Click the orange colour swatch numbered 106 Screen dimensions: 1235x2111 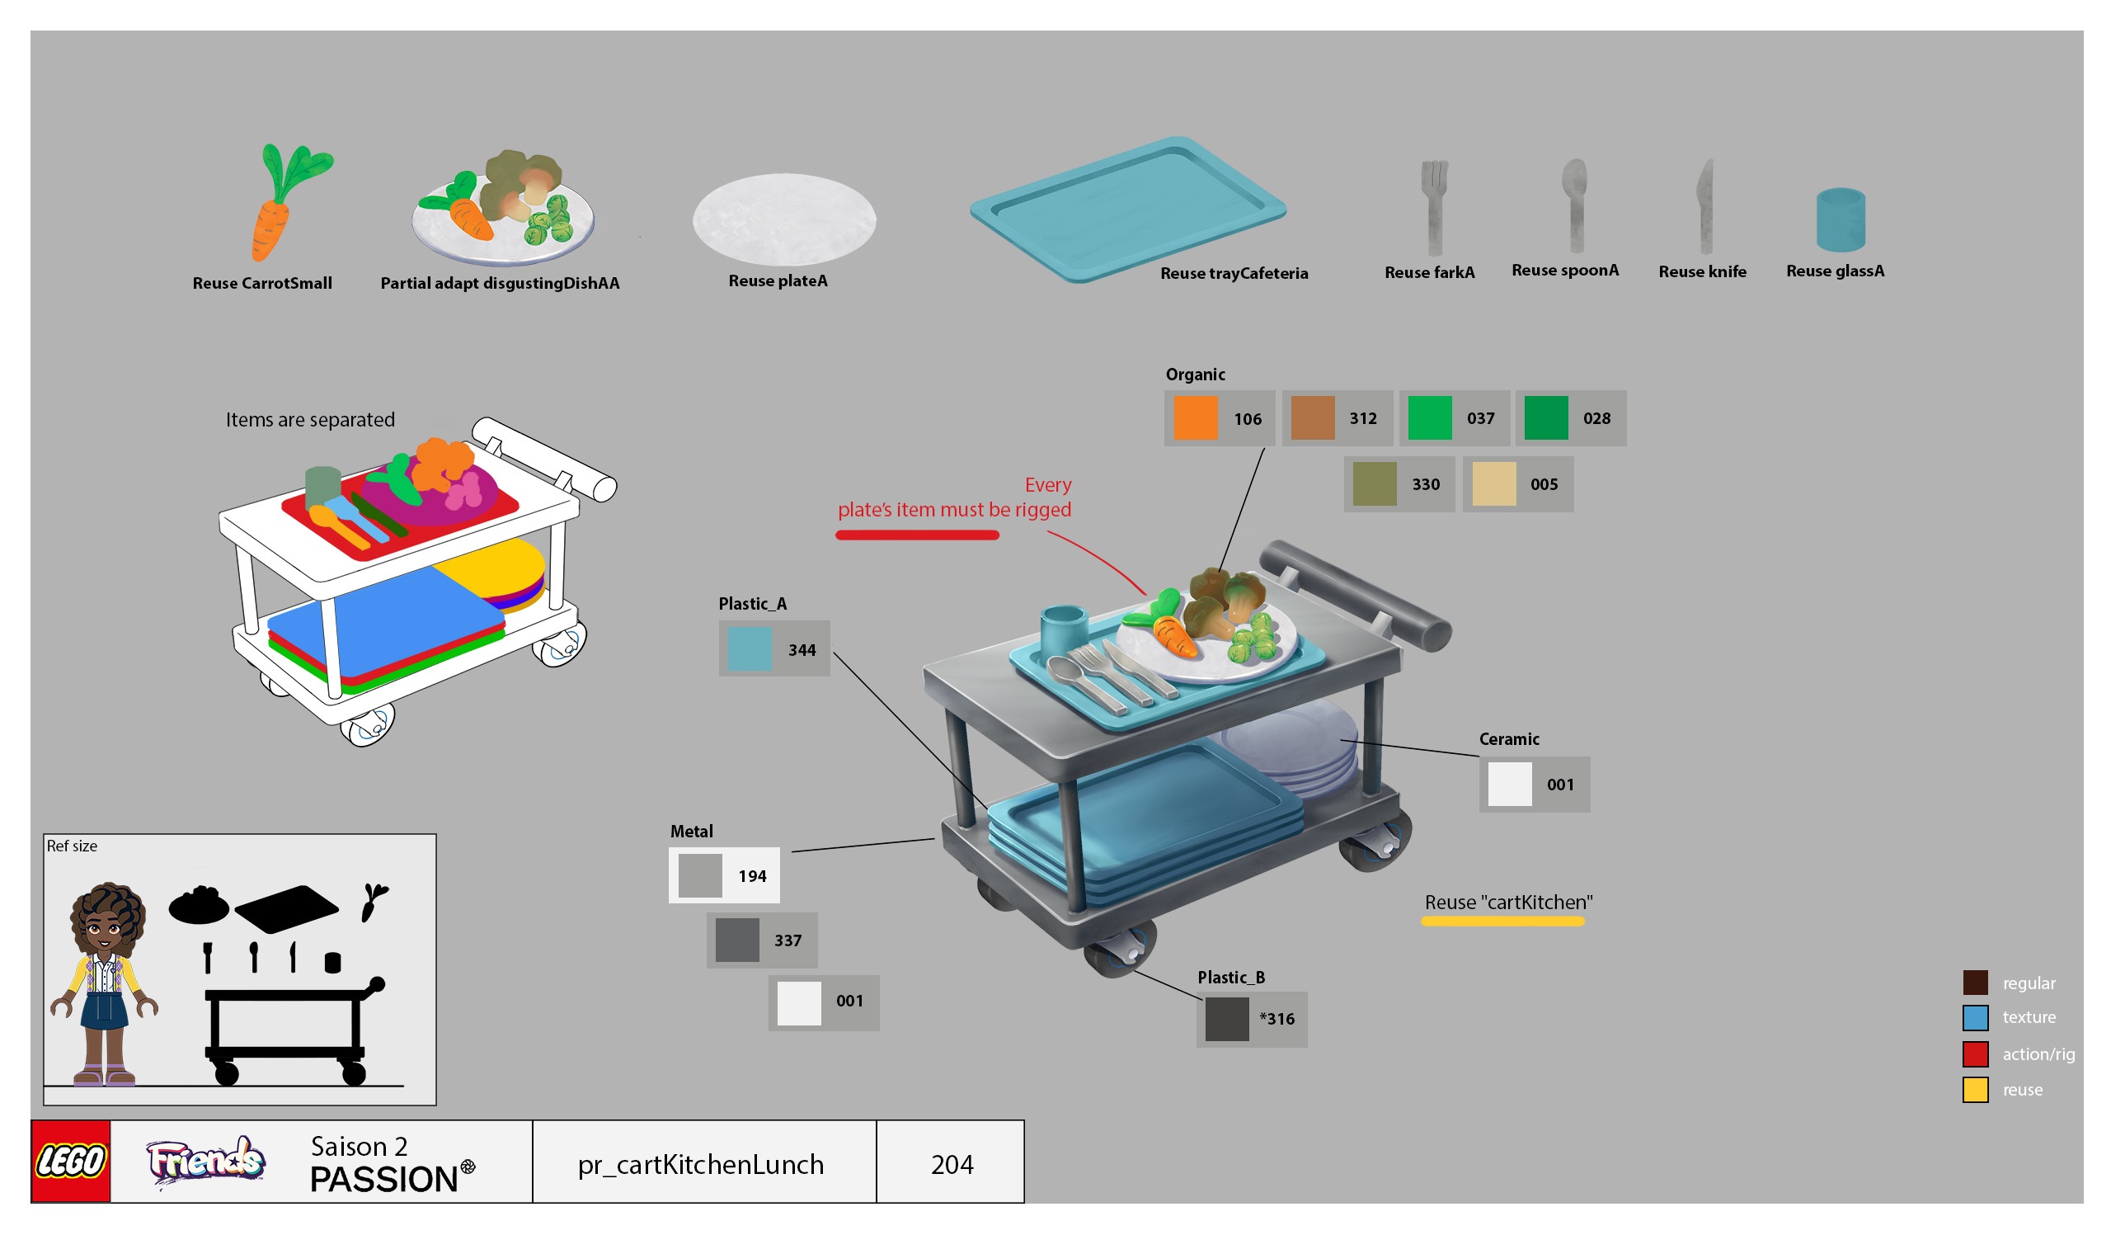(1195, 418)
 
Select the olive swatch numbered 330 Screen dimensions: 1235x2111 (1374, 484)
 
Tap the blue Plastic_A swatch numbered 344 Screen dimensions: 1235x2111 (750, 649)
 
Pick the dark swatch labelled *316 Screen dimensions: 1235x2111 (1226, 1019)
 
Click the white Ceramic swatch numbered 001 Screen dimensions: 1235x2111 (1510, 785)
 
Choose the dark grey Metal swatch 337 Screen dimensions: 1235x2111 (737, 940)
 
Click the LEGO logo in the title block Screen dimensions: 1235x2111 (71, 1162)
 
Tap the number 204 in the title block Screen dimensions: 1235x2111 (952, 1165)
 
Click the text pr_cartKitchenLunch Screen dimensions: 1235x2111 (700, 1165)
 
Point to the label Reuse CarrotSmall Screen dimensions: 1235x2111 (262, 283)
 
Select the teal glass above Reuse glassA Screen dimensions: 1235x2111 (1841, 219)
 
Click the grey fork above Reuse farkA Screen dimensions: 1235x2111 (1434, 205)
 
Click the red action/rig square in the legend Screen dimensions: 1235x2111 (1975, 1054)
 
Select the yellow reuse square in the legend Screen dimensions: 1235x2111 (1975, 1089)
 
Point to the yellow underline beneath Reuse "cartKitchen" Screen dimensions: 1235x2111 (1502, 922)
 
